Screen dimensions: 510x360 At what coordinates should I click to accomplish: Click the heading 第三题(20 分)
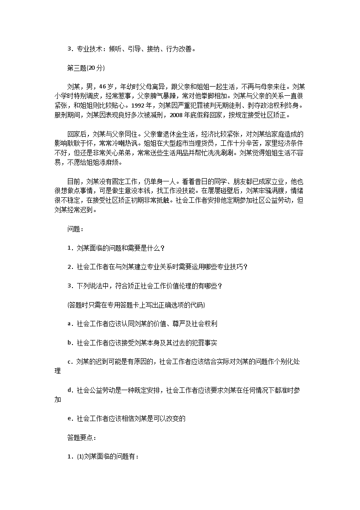86,68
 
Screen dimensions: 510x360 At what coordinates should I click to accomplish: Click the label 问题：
75,229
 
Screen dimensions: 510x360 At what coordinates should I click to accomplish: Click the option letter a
69,324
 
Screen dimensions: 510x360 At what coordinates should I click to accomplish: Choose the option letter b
69,343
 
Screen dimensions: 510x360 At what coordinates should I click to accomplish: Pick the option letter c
69,362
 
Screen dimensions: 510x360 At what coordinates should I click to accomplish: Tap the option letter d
69,390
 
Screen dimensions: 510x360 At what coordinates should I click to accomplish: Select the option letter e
69,418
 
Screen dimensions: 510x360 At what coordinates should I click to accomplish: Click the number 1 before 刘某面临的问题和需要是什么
69,248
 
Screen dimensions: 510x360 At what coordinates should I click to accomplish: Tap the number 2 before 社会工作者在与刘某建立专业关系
69,267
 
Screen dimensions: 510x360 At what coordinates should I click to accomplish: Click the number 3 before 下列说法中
69,286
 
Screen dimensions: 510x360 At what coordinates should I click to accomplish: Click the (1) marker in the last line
80,456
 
